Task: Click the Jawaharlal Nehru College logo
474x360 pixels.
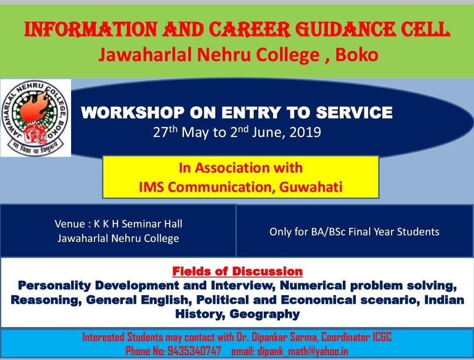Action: [x=36, y=118]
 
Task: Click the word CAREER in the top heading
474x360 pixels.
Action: [x=250, y=30]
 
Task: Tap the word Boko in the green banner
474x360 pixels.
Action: [x=357, y=55]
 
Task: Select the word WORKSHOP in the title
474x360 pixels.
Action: [x=133, y=113]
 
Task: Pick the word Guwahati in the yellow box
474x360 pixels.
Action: [x=311, y=187]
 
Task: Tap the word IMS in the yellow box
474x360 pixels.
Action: [x=151, y=187]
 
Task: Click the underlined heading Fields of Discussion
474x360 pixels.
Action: [x=237, y=271]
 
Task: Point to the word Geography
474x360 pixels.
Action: [x=265, y=314]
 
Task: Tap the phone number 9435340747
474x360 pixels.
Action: [x=194, y=351]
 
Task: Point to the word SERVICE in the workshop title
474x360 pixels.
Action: [x=354, y=113]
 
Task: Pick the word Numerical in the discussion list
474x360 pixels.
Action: [x=313, y=286]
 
